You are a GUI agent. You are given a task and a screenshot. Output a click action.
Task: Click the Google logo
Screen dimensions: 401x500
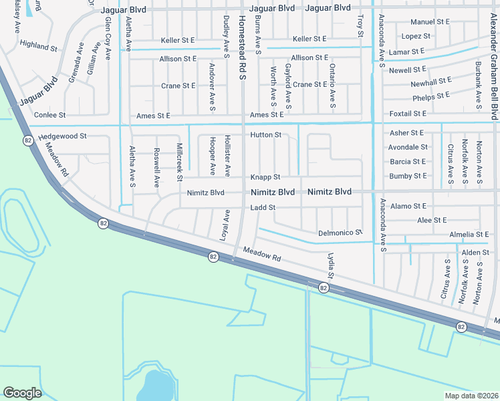pyautogui.click(x=22, y=393)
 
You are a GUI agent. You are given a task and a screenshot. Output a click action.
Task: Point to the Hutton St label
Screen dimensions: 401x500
pyautogui.click(x=265, y=135)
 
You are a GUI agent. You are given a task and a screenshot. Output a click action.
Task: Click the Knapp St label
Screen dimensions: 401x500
pyautogui.click(x=265, y=177)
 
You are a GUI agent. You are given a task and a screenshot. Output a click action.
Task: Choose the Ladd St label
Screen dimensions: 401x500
pyautogui.click(x=263, y=208)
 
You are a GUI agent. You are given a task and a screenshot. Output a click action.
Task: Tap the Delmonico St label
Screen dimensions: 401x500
pyautogui.click(x=340, y=233)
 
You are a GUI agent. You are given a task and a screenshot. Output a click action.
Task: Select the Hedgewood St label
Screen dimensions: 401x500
pyautogui.click(x=62, y=136)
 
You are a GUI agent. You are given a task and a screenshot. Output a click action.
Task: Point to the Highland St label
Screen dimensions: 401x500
pyautogui.click(x=39, y=47)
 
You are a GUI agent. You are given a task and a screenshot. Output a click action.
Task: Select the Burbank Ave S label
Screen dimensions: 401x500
pyautogui.click(x=479, y=85)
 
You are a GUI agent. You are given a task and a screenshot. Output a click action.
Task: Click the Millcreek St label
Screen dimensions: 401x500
pyautogui.click(x=180, y=162)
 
